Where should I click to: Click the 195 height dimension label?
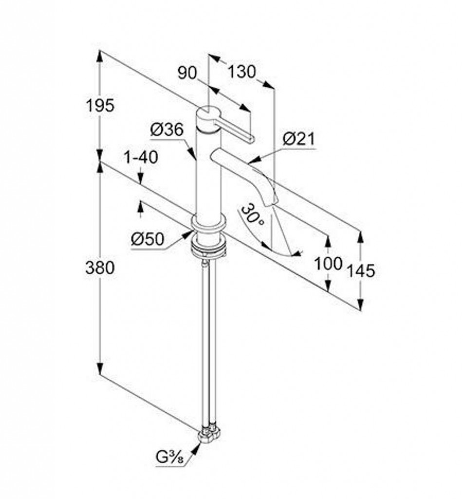click(100, 105)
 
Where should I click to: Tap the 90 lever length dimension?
click(187, 73)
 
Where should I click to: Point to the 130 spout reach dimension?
click(242, 72)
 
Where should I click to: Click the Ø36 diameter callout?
click(167, 130)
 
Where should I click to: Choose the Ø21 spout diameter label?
click(298, 139)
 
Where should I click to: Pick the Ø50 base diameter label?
click(148, 239)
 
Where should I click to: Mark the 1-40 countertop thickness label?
click(141, 157)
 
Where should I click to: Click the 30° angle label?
click(252, 215)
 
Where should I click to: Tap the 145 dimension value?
click(361, 271)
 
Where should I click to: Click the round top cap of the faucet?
click(208, 112)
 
